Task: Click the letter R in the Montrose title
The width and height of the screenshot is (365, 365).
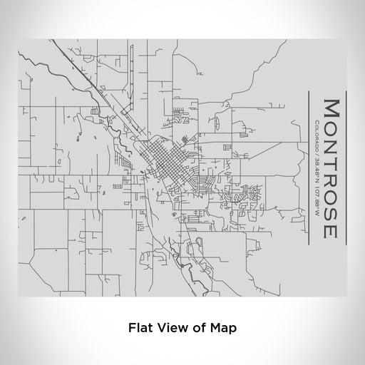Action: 331,175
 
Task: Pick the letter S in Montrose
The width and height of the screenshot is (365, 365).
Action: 331,209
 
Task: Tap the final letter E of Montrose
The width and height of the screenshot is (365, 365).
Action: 331,230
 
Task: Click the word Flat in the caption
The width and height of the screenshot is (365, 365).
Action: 140,329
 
